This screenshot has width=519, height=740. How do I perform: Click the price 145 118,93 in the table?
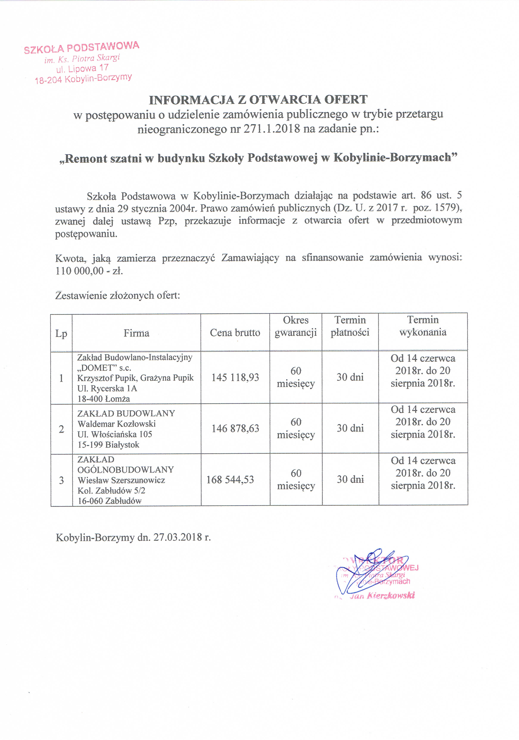pos(235,377)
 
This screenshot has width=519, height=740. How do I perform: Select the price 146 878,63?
pos(235,428)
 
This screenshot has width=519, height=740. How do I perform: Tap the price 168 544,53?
pos(230,480)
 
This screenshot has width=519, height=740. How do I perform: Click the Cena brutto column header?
pos(235,333)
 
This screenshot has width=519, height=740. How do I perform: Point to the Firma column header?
pos(136,333)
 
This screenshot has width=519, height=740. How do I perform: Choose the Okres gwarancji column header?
pos(296,326)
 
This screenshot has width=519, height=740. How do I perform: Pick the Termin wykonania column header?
pos(423,326)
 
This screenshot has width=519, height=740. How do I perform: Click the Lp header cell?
pos(61,333)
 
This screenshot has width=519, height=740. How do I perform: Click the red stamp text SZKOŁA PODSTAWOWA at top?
pos(82,47)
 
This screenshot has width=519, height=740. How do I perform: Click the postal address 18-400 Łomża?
pos(103,399)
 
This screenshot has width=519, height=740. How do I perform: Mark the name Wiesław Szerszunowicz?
pos(121,480)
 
